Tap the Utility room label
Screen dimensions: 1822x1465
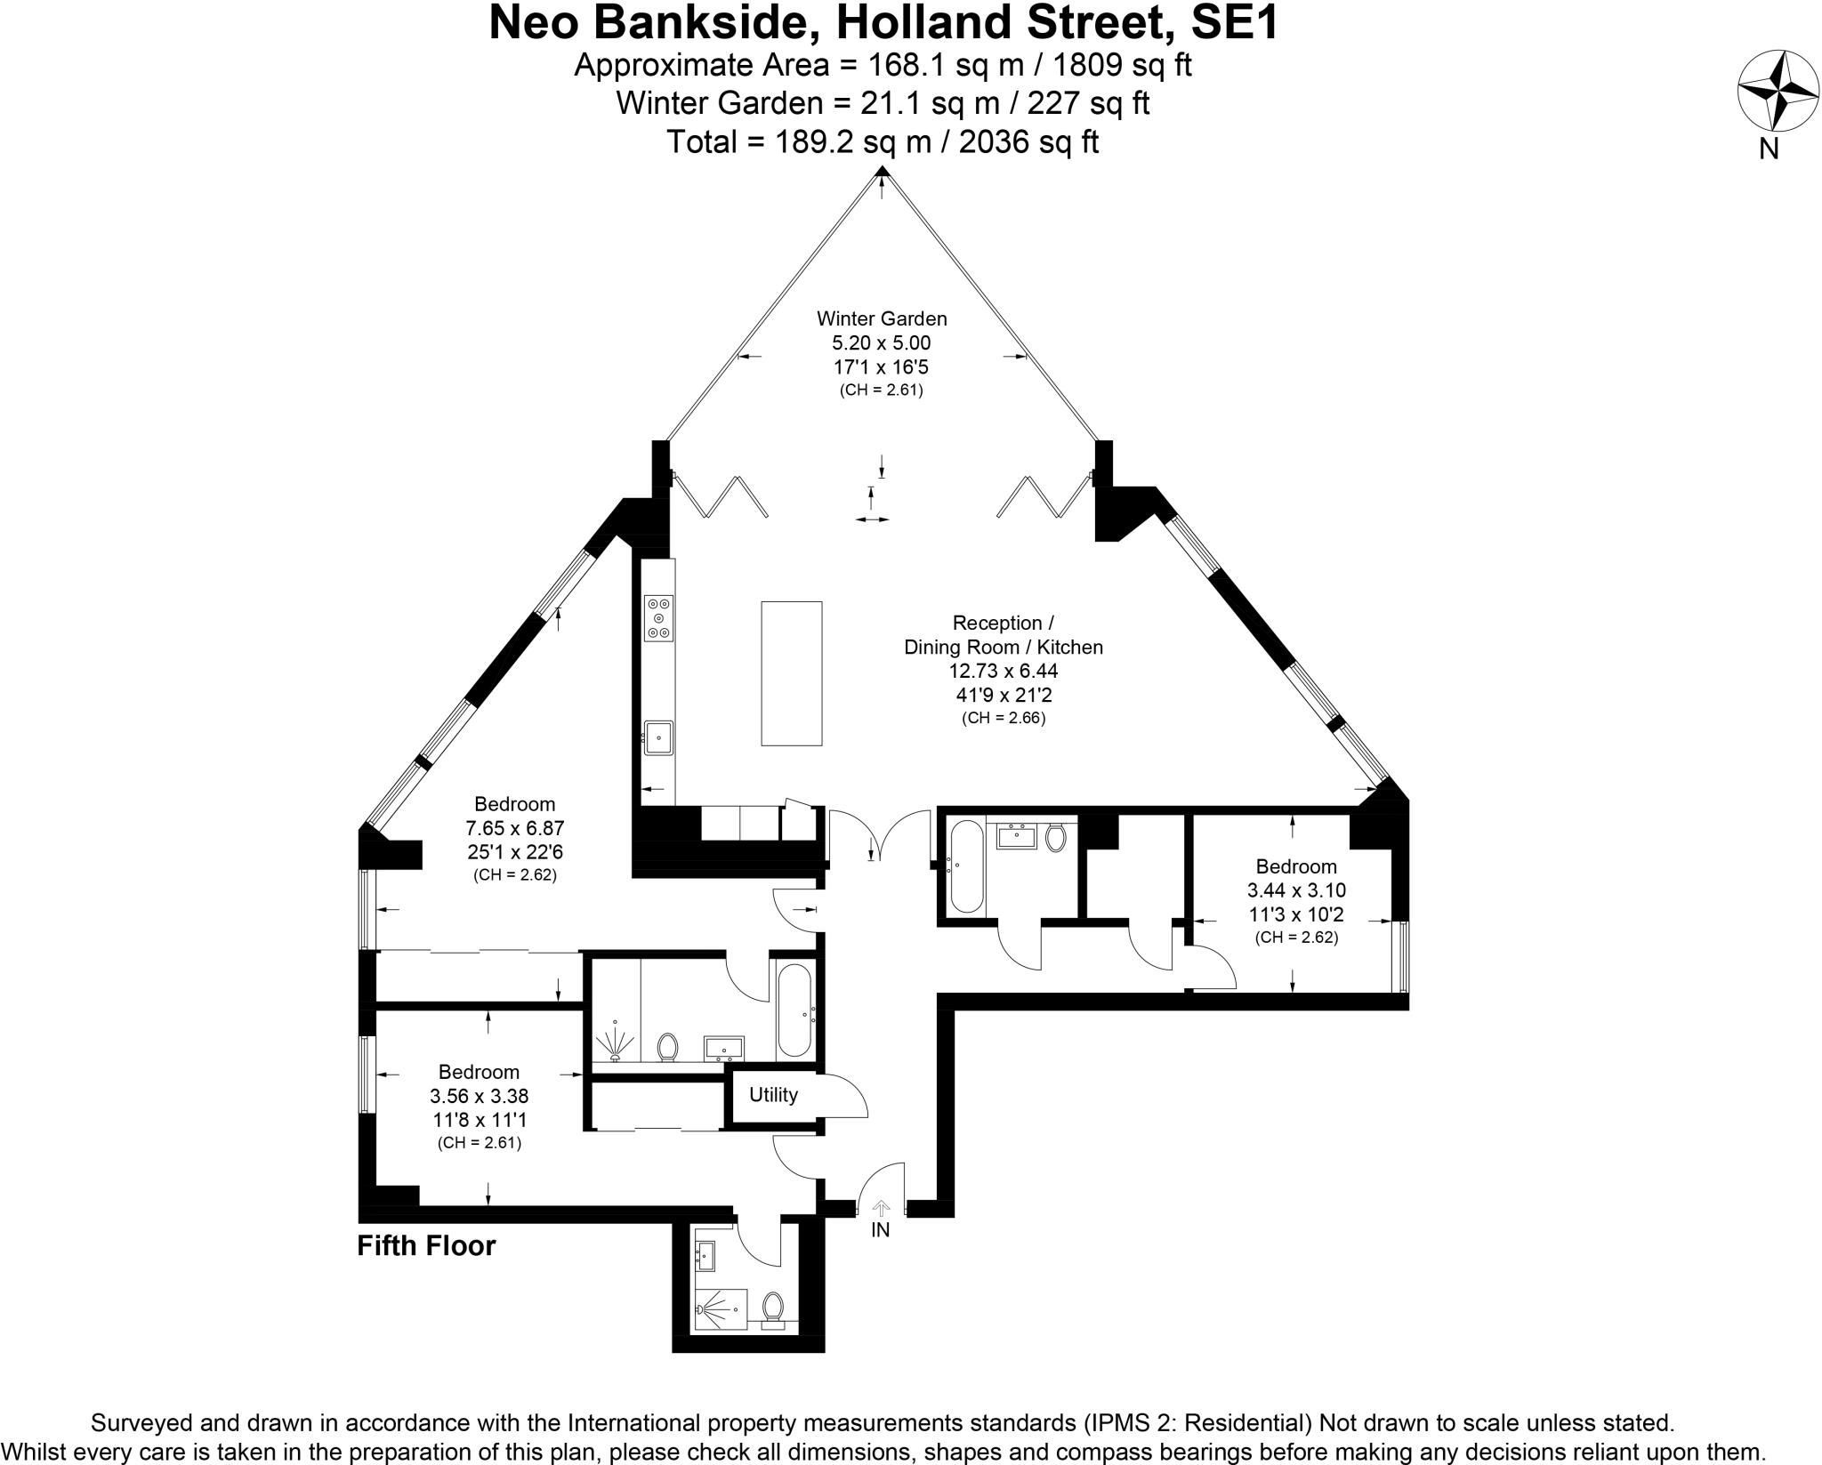773,1095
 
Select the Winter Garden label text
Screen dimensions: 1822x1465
882,318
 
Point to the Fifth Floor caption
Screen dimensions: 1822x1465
426,1246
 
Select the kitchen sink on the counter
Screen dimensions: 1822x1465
658,737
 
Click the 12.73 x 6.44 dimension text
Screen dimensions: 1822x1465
1004,671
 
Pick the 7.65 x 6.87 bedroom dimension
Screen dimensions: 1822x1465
515,828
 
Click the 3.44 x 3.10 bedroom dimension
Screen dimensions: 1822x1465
1296,889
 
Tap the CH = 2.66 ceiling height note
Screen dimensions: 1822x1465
1004,718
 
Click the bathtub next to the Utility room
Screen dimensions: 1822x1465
794,1013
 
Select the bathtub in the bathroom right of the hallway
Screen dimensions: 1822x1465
966,867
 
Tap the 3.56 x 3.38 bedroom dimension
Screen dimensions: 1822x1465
479,1096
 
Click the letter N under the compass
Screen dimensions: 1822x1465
1769,149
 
